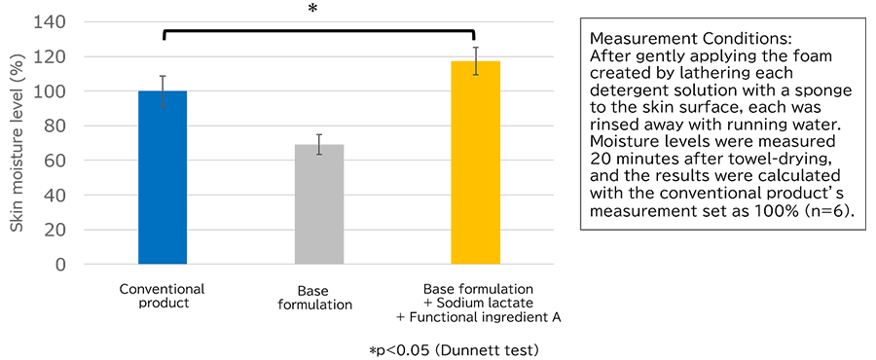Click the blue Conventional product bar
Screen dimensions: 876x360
pos(163,177)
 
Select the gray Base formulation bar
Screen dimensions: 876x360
pos(319,204)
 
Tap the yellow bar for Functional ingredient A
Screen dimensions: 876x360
pos(475,162)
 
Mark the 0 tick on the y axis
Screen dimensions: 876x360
pos(61,265)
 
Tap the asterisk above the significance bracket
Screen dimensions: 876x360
pos(312,10)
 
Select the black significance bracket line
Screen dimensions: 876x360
pos(319,31)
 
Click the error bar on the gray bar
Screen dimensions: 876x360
pos(319,145)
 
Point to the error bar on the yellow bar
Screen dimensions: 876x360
pos(475,61)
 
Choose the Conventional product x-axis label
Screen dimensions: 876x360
pos(162,296)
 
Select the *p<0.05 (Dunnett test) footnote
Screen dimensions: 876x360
pos(454,350)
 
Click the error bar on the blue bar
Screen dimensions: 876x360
pos(163,91)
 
